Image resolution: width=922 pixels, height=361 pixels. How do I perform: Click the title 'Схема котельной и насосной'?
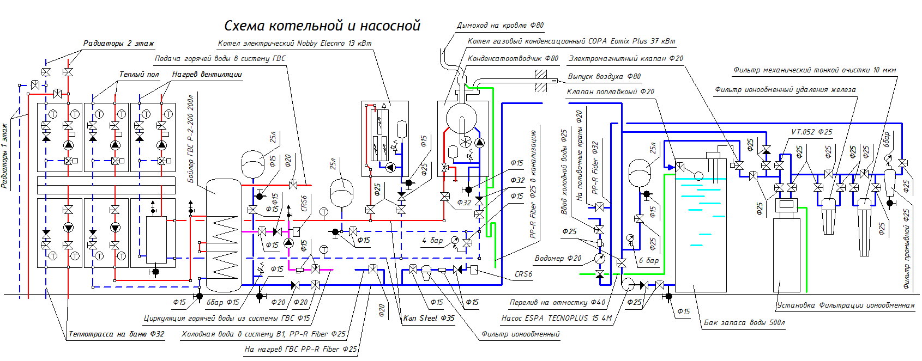pos(322,26)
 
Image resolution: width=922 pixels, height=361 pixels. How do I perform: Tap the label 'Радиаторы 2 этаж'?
pos(118,43)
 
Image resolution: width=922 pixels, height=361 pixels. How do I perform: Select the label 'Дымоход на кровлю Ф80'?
pos(500,25)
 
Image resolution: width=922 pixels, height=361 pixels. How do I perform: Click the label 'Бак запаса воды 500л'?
pos(744,322)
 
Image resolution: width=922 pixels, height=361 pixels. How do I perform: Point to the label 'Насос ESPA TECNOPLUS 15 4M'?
pos(556,318)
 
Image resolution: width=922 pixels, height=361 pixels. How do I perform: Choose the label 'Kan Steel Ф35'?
pos(429,318)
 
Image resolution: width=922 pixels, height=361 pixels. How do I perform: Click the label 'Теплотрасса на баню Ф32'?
pos(116,334)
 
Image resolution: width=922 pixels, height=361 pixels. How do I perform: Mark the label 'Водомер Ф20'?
pos(558,258)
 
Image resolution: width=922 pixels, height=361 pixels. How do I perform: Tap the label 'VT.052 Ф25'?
pos(811,132)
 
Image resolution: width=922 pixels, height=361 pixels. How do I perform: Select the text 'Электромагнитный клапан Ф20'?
pos(625,58)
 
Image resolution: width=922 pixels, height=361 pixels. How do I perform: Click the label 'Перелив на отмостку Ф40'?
pos(557,302)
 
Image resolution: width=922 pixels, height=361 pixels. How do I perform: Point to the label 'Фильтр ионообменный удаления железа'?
pos(785,89)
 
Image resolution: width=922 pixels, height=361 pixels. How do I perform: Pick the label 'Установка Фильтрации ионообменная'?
pos(846,305)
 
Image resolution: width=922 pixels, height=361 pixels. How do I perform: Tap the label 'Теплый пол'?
pos(139,74)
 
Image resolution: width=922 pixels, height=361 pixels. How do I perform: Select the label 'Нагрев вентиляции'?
pos(207,74)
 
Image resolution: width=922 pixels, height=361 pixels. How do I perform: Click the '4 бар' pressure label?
pos(432,240)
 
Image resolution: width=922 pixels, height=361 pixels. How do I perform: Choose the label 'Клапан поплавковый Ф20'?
pos(610,91)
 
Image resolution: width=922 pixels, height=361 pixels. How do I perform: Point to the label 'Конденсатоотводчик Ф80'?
pos(513,58)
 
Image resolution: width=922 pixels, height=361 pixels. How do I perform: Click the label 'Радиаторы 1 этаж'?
pos(5,156)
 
